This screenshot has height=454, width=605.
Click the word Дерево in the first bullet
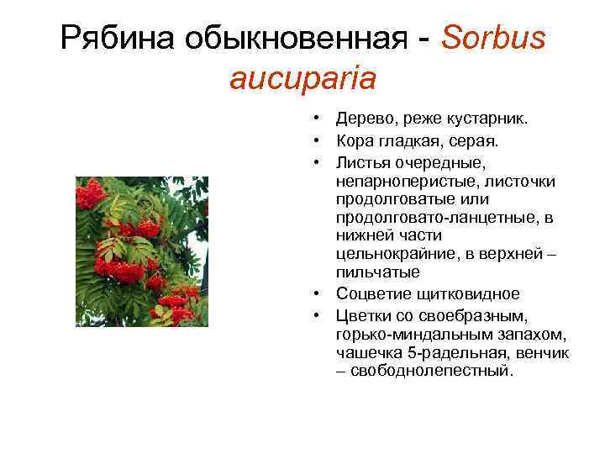[361, 120]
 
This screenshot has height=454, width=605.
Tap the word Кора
[355, 140]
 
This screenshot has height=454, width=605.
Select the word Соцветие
[372, 294]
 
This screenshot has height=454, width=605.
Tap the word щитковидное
[478, 294]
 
